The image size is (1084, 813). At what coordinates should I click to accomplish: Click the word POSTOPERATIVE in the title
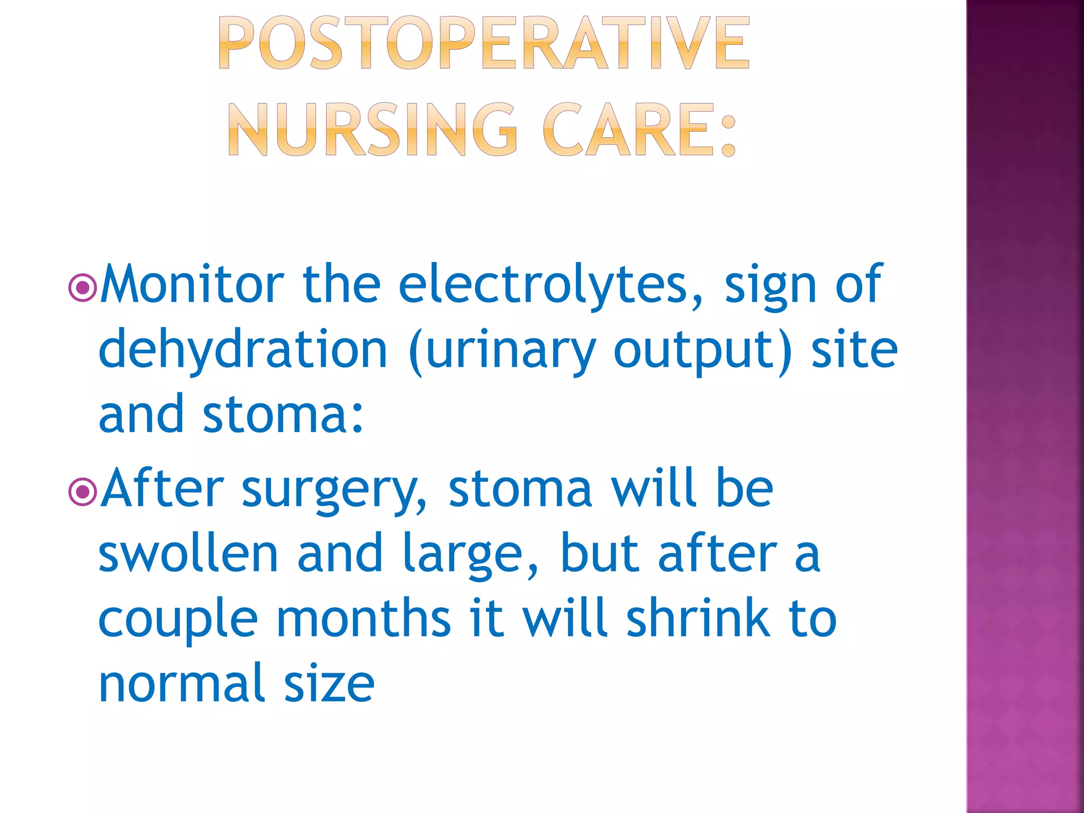tap(484, 43)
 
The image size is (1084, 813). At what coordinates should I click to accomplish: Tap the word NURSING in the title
tap(373, 130)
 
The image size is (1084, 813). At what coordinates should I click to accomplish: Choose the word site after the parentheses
tap(854, 350)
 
